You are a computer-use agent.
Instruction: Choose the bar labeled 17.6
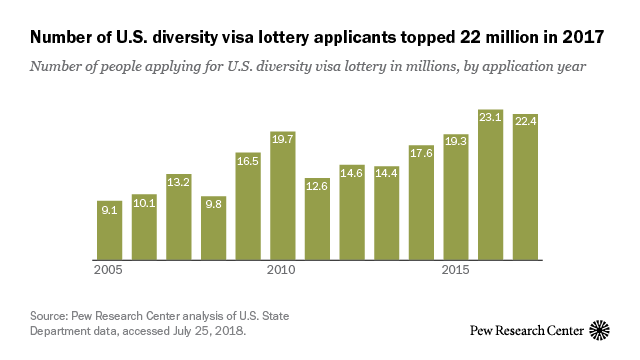[421, 205]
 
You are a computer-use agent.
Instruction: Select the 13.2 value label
[179, 182]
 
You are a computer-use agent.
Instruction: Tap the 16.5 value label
[248, 159]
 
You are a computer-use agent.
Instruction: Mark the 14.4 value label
[386, 173]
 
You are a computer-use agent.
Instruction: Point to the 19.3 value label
[456, 141]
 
